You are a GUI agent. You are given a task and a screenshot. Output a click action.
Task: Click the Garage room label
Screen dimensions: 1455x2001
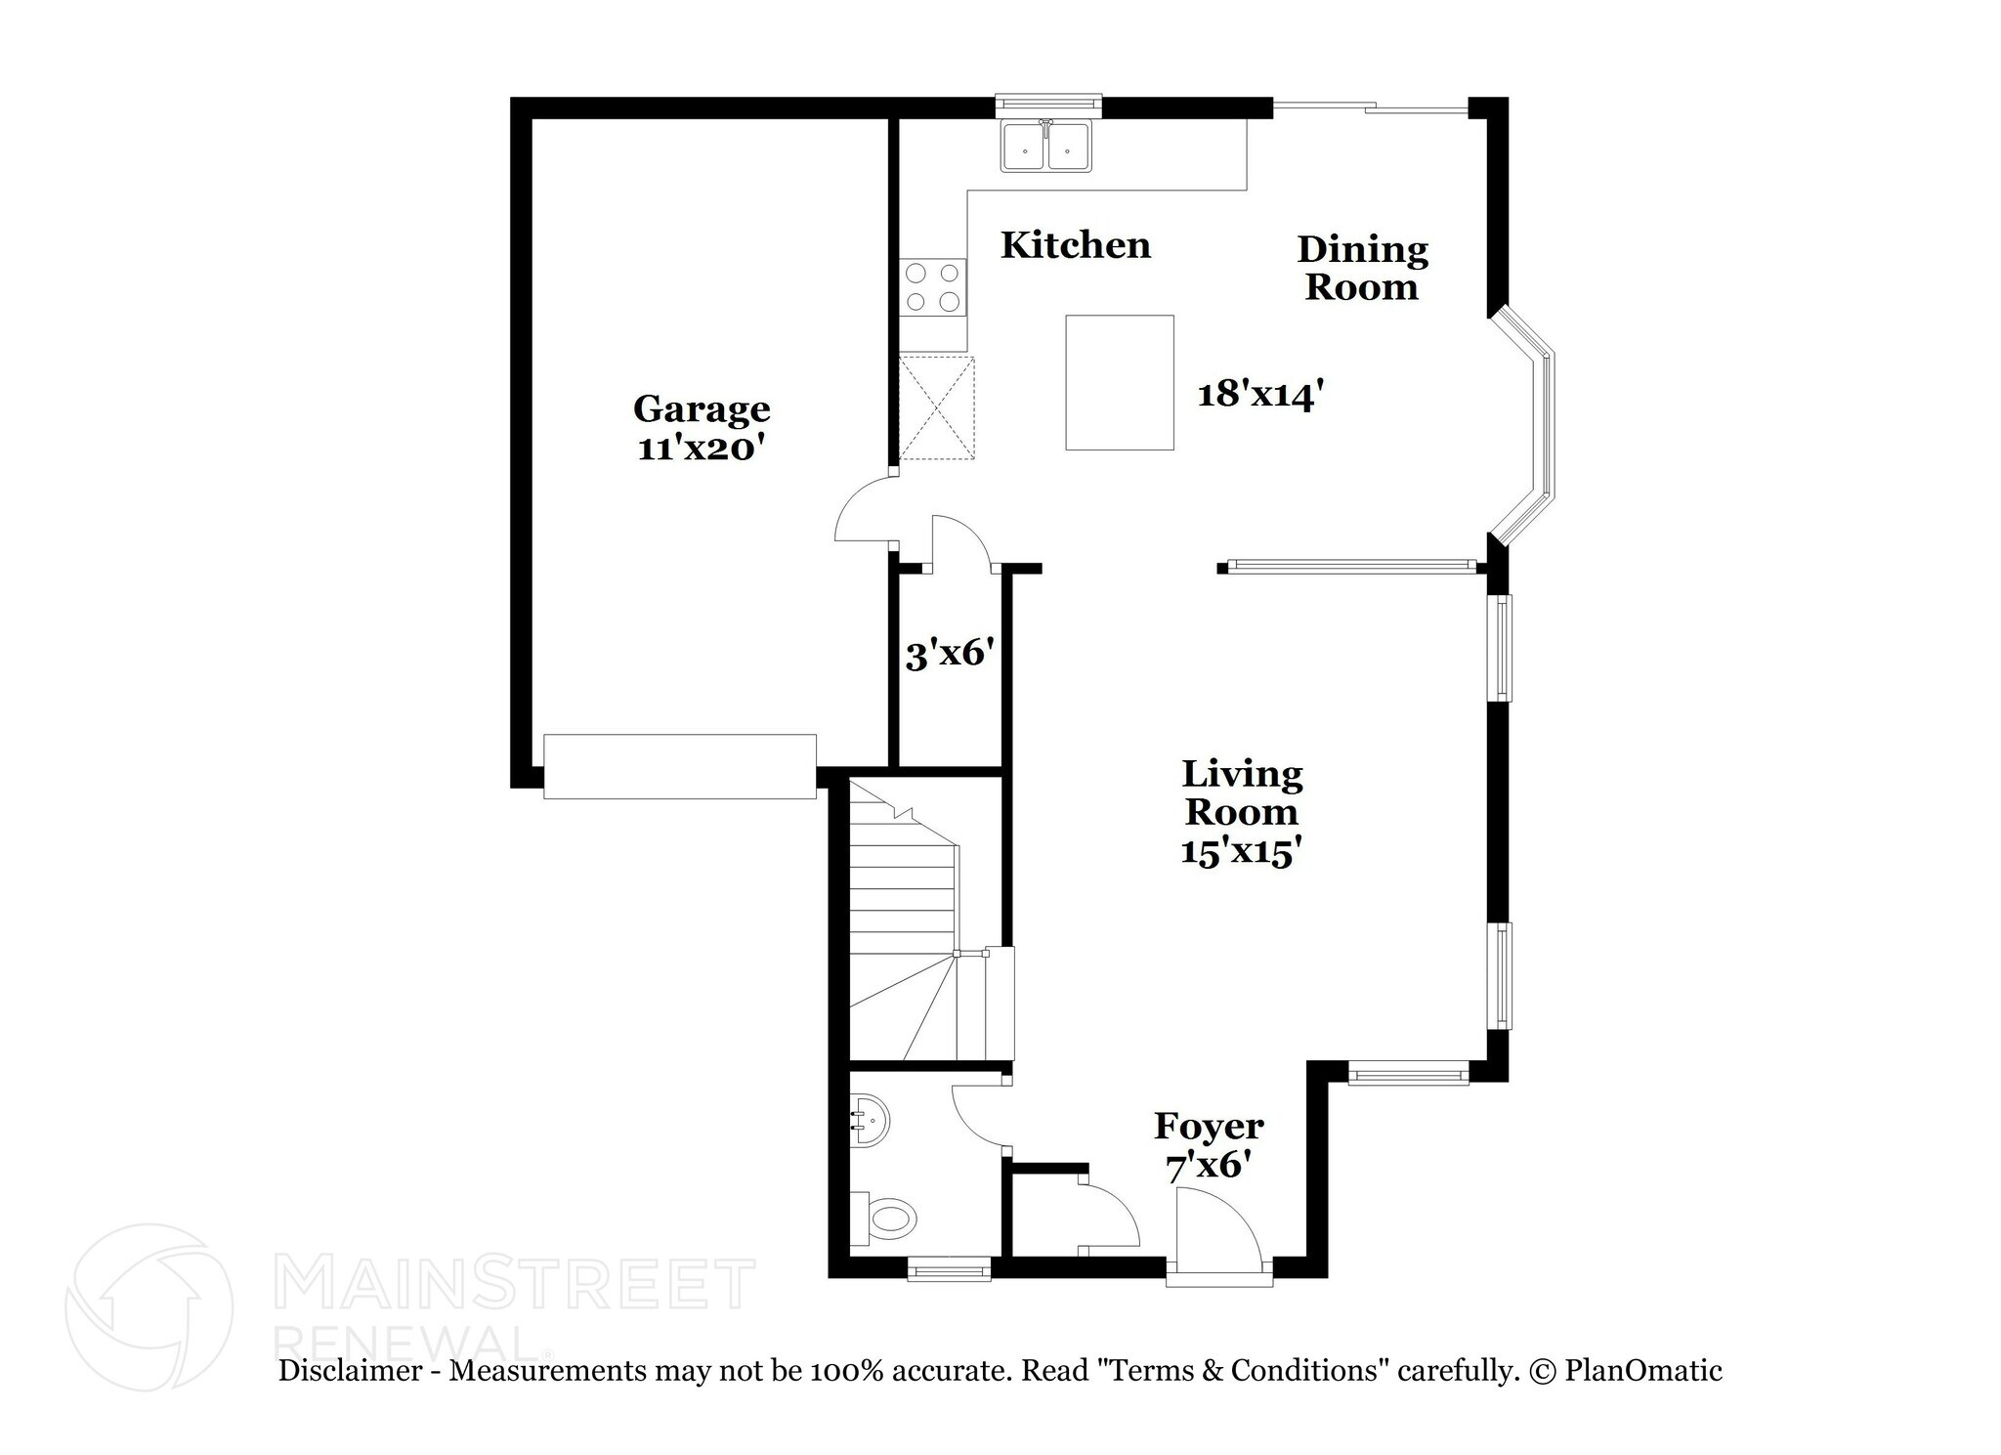click(701, 408)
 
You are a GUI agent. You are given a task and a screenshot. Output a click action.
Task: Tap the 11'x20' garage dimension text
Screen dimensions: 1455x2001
click(701, 448)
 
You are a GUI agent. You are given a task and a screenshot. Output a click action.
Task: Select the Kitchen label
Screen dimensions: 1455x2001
click(1075, 245)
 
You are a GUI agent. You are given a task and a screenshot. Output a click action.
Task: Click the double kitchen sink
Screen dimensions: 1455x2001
click(1046, 148)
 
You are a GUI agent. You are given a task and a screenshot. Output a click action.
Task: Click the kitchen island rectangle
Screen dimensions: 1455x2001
click(1119, 382)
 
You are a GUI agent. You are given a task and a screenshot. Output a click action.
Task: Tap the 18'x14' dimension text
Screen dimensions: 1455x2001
click(1260, 394)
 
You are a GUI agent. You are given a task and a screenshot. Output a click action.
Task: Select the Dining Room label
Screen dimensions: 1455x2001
click(1362, 268)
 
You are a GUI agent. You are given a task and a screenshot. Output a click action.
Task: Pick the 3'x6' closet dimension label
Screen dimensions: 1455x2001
click(949, 653)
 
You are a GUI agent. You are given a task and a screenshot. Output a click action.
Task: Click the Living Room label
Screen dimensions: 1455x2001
click(1242, 792)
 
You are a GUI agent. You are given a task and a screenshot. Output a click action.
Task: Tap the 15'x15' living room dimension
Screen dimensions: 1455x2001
click(1240, 851)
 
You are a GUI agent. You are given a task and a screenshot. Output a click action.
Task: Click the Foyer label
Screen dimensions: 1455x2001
click(1209, 1126)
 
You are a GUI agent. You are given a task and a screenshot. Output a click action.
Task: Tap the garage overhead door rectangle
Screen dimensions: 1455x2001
click(679, 766)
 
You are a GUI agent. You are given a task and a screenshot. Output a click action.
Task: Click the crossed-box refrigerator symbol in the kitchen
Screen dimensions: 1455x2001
click(936, 407)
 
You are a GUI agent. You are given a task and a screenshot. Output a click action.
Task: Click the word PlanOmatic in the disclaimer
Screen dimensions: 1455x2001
click(1642, 1370)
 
